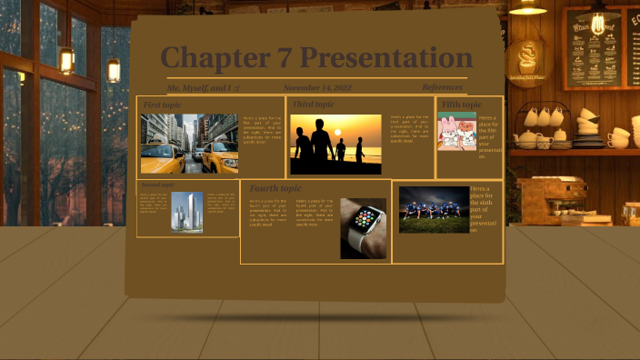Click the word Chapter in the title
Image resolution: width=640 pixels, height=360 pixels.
[x=215, y=58]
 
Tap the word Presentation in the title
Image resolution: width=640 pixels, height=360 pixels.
[x=386, y=58]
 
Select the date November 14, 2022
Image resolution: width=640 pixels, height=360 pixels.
[x=317, y=87]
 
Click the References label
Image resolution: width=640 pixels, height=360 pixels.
[x=442, y=87]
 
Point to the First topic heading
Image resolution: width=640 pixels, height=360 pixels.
[x=162, y=105]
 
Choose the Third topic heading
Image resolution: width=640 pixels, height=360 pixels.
[x=313, y=105]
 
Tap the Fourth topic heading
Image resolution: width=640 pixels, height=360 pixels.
[x=275, y=188]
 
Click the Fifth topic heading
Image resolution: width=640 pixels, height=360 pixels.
[x=461, y=105]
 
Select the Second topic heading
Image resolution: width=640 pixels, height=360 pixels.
[x=157, y=185]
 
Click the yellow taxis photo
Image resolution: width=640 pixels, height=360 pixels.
[x=189, y=143]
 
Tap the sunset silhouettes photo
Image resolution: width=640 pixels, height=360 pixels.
[x=335, y=144]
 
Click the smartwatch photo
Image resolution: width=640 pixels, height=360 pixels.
[x=363, y=228]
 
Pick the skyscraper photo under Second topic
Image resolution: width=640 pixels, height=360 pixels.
[x=187, y=212]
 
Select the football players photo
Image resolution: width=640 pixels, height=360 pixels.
[x=434, y=210]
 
